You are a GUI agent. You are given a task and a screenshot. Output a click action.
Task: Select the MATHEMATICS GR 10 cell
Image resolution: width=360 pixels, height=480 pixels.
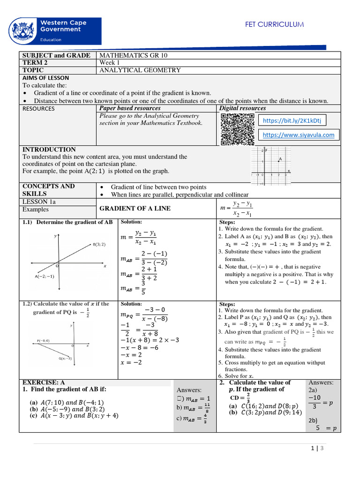(133, 55)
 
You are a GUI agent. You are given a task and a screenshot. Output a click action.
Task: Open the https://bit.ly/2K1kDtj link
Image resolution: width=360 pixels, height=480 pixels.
(292, 120)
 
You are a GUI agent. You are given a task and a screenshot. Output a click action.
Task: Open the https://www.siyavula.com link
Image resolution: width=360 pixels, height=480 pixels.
(299, 135)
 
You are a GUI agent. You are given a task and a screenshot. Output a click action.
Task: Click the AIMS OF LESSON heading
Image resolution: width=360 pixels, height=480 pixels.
(46, 78)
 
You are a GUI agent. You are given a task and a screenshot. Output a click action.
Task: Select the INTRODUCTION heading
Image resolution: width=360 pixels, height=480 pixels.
(49, 150)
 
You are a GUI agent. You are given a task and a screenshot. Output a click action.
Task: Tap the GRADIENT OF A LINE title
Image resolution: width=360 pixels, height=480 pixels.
(134, 208)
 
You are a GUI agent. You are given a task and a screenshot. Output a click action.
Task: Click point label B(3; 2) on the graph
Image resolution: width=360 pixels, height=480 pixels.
(99, 244)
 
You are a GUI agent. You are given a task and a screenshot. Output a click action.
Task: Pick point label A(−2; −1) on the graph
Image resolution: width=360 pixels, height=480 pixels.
(45, 276)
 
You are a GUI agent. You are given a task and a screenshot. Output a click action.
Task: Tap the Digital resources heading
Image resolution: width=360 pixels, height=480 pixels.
(242, 108)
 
